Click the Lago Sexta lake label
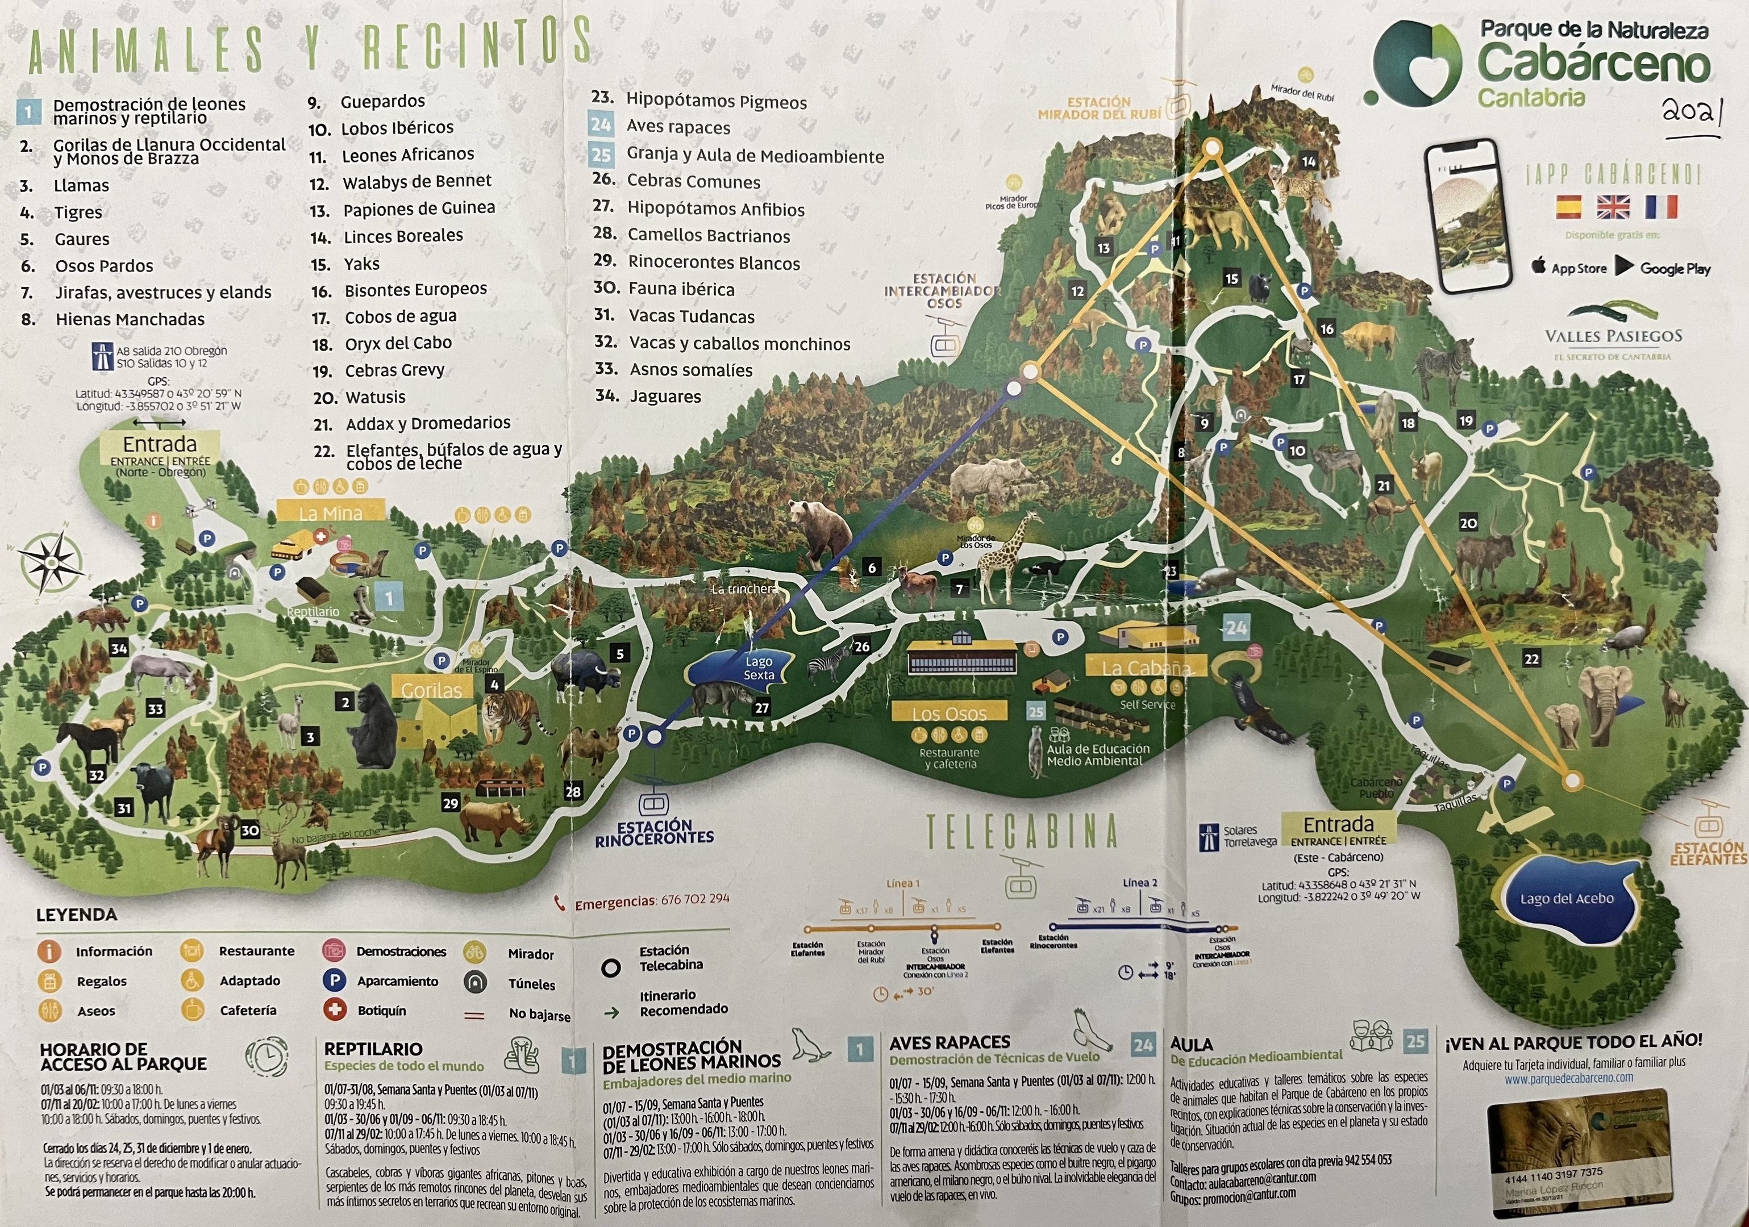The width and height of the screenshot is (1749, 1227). pyautogui.click(x=758, y=668)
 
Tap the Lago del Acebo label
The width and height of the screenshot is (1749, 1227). pyautogui.click(x=1566, y=899)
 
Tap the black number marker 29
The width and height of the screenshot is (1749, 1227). pyautogui.click(x=450, y=803)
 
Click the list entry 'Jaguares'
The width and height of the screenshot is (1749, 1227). pyautogui.click(x=665, y=396)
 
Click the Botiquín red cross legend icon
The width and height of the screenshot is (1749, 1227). pyautogui.click(x=335, y=1010)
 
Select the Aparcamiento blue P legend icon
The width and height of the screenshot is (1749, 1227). pyautogui.click(x=335, y=980)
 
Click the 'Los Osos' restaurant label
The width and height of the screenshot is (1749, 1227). pyautogui.click(x=949, y=713)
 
